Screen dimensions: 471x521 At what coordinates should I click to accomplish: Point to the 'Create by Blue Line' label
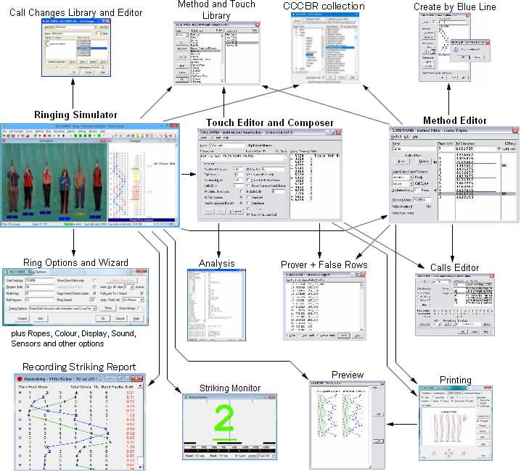[x=455, y=7]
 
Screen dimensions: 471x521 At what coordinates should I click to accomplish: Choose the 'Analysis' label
[x=218, y=262]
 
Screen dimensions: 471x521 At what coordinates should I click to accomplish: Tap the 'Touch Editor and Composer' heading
[x=269, y=122]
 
